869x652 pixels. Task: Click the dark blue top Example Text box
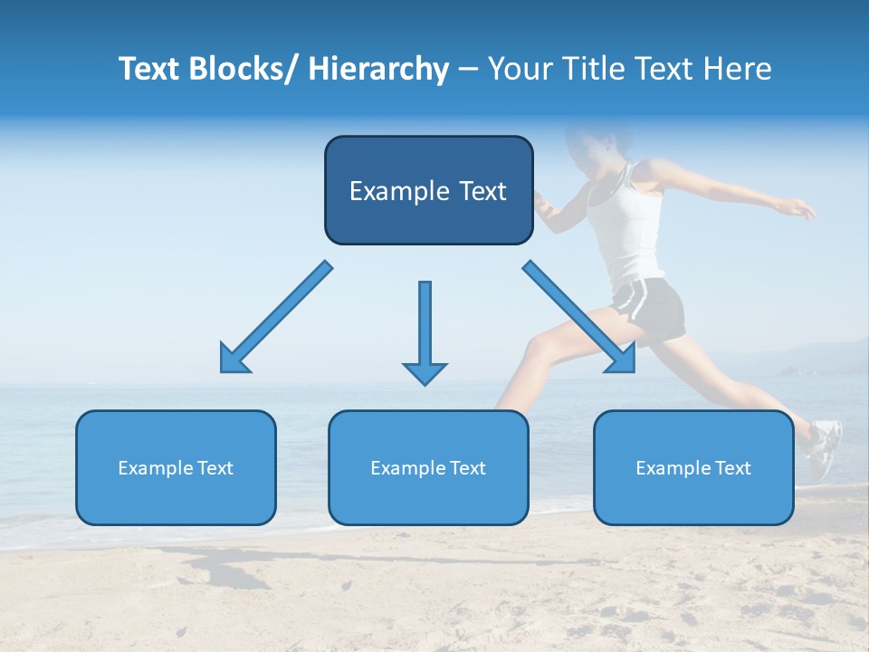[428, 190]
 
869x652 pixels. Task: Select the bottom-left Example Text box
[176, 467]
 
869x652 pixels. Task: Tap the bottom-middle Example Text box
[428, 467]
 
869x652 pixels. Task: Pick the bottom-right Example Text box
[693, 467]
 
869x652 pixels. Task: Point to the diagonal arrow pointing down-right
[580, 317]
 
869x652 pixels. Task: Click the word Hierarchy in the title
[378, 69]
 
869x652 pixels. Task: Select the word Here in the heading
[738, 69]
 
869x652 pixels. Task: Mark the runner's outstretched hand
[801, 211]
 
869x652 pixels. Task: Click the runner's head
[597, 145]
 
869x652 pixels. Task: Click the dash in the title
[468, 70]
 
